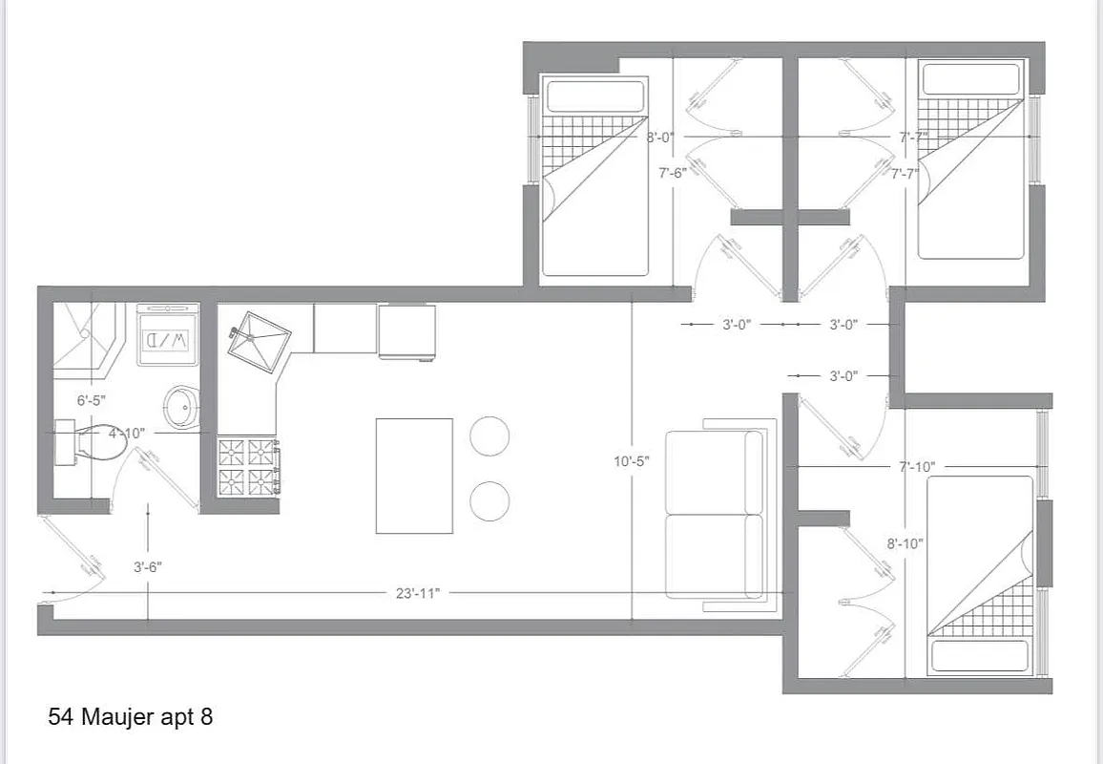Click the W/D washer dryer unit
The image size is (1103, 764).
tap(169, 335)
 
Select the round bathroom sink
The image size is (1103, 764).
tap(180, 407)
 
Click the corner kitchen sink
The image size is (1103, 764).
tap(259, 339)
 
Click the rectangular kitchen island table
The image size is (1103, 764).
tap(414, 476)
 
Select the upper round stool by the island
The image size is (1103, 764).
tap(489, 435)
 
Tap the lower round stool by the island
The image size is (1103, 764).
tap(489, 500)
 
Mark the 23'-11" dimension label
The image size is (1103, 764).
tap(417, 593)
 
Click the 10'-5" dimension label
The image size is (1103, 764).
tap(631, 461)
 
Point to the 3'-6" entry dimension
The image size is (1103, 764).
tap(147, 566)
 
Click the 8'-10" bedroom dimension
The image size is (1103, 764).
tap(905, 543)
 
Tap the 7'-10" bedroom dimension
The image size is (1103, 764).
tap(916, 466)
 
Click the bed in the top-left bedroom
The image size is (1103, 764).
tap(594, 177)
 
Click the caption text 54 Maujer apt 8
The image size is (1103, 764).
tap(130, 717)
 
